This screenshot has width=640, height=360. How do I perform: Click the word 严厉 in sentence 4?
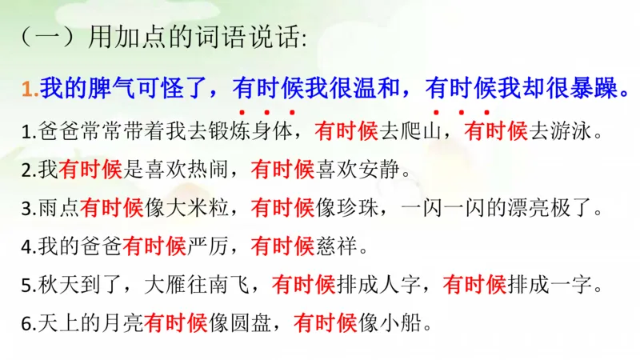click(x=210, y=247)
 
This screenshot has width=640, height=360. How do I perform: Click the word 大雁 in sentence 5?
click(x=168, y=285)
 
